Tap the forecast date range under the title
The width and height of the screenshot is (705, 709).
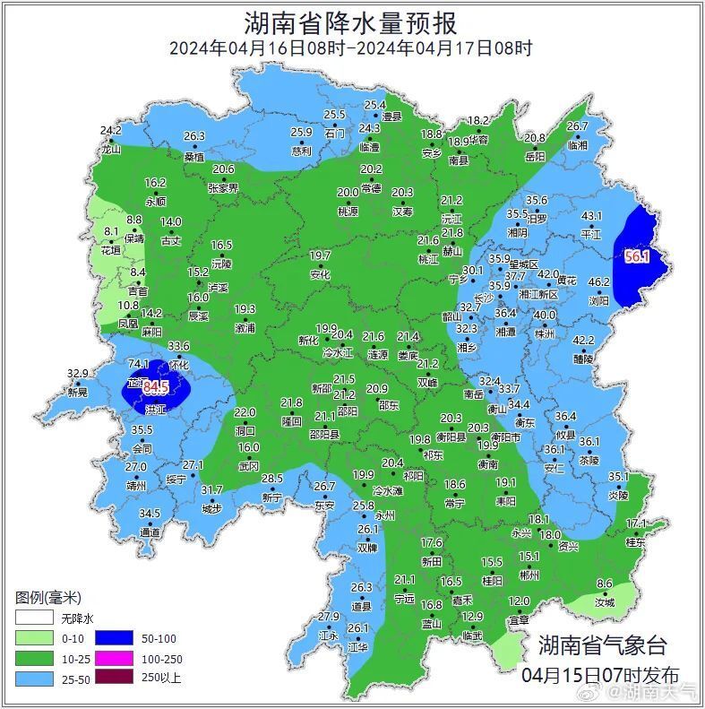click(x=351, y=48)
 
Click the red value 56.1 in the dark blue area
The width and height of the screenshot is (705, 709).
click(x=636, y=256)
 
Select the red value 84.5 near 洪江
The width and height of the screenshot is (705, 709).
click(x=156, y=387)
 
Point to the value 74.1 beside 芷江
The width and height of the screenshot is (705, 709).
click(x=138, y=364)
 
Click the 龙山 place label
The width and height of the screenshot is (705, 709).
click(x=110, y=150)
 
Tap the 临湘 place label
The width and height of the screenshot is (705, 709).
click(x=578, y=145)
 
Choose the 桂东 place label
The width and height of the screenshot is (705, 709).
click(x=635, y=541)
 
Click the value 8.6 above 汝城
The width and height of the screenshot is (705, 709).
click(x=605, y=584)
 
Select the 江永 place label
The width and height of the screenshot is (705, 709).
click(x=328, y=636)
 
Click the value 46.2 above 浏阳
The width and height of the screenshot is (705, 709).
click(x=598, y=281)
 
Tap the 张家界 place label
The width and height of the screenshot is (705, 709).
click(x=223, y=188)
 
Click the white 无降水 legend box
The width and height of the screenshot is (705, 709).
click(x=34, y=618)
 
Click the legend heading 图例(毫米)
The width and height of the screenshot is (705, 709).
click(x=48, y=598)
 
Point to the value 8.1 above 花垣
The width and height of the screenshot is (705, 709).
click(x=111, y=231)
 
